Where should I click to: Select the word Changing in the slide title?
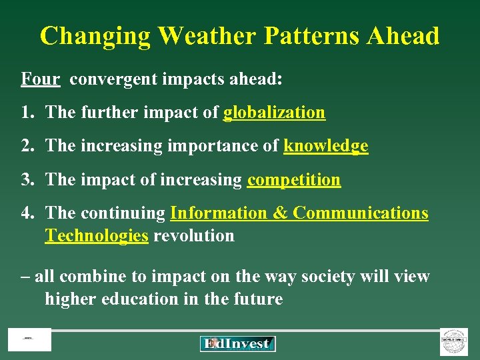coord(95,35)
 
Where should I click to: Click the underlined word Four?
coord(41,79)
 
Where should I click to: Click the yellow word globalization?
coord(274,113)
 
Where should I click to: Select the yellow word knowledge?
coord(325,146)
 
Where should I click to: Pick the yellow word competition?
coord(293,179)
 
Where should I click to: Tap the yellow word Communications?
coord(361,213)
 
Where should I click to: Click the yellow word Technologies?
coord(97,235)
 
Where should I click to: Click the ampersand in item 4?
coord(280,213)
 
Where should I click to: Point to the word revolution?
coord(193,235)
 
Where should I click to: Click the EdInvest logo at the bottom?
coord(237,343)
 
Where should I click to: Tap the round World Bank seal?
coord(454,341)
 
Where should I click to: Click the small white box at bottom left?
coord(29,340)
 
